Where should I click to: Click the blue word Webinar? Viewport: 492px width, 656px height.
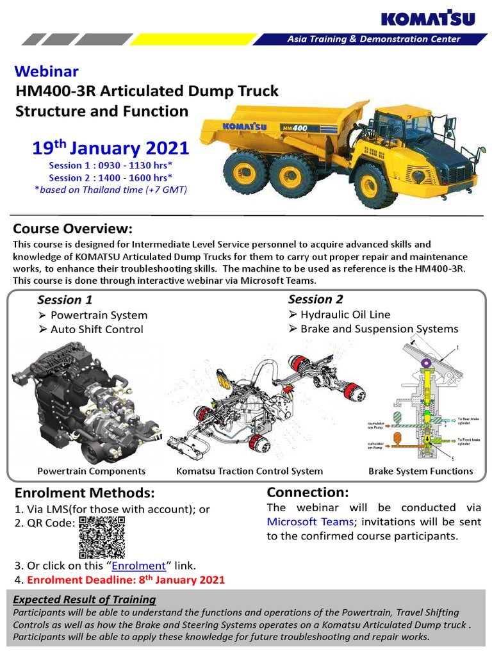(47, 70)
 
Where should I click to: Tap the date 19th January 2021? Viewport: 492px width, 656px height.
(111, 149)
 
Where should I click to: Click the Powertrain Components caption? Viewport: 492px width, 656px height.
(92, 471)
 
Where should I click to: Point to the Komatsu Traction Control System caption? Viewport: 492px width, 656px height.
(249, 471)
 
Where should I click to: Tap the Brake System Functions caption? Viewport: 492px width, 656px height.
(420, 471)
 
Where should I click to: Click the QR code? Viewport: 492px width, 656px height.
(102, 537)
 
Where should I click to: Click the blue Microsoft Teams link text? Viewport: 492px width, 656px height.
(310, 521)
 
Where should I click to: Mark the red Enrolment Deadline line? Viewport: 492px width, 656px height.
(119, 580)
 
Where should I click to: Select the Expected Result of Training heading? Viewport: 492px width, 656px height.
(85, 600)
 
